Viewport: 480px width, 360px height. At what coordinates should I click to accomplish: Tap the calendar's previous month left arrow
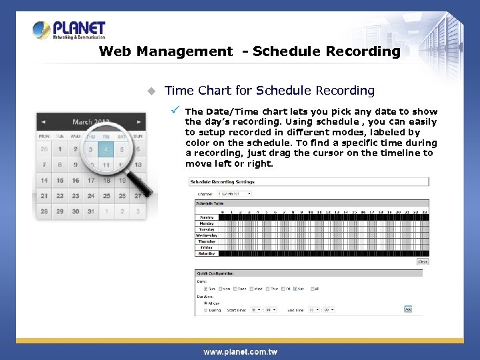[x=43, y=122]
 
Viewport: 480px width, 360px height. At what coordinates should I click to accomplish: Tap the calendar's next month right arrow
[x=139, y=122]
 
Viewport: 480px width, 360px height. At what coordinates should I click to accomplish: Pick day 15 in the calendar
[x=60, y=180]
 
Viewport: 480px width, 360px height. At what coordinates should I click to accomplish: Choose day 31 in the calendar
[x=91, y=211]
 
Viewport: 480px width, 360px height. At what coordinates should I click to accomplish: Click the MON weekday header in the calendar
[x=44, y=136]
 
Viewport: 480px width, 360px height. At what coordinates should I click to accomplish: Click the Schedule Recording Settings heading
[x=222, y=181]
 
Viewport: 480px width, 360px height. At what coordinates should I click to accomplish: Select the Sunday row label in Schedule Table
[x=207, y=217]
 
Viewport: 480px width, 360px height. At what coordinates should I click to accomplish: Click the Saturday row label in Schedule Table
[x=207, y=253]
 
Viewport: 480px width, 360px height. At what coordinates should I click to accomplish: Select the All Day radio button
[x=205, y=303]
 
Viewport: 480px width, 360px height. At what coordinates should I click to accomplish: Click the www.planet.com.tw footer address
[x=240, y=351]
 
